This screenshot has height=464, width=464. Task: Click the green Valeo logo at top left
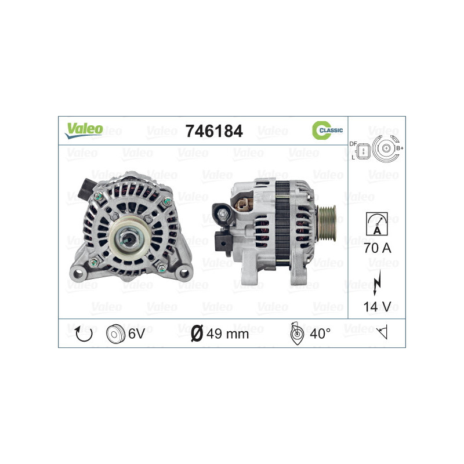84,130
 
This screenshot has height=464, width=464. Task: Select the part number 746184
213,131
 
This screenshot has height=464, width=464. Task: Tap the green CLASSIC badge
328,130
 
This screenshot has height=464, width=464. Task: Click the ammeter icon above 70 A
377,223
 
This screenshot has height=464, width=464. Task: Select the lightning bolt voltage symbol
377,280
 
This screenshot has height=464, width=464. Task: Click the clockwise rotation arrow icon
85,333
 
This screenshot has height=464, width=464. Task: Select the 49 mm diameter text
229,333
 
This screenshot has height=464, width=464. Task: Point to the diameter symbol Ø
197,333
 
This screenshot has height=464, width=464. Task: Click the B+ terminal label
399,149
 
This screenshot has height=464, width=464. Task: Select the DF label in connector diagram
353,143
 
